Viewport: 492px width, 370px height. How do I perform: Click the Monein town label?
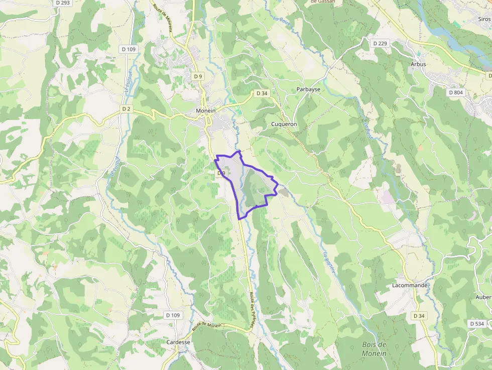click(205, 111)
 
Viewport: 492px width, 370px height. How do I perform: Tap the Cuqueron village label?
click(284, 124)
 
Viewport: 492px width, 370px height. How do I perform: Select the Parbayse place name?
click(308, 89)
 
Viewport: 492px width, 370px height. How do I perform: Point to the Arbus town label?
click(418, 64)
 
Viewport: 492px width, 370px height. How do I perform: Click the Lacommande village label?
click(410, 285)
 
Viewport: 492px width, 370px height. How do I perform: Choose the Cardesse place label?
click(178, 342)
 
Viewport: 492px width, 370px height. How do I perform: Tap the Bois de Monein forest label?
click(374, 349)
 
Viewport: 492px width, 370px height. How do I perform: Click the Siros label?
click(484, 19)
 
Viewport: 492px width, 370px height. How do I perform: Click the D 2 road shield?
click(126, 108)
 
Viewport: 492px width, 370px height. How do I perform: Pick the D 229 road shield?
click(381, 44)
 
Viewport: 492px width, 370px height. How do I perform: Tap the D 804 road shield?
click(455, 92)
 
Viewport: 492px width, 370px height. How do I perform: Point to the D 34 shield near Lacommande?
click(419, 316)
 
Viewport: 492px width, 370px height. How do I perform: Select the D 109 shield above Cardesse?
click(172, 315)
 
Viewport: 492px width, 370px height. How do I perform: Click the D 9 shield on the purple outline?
click(220, 173)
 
